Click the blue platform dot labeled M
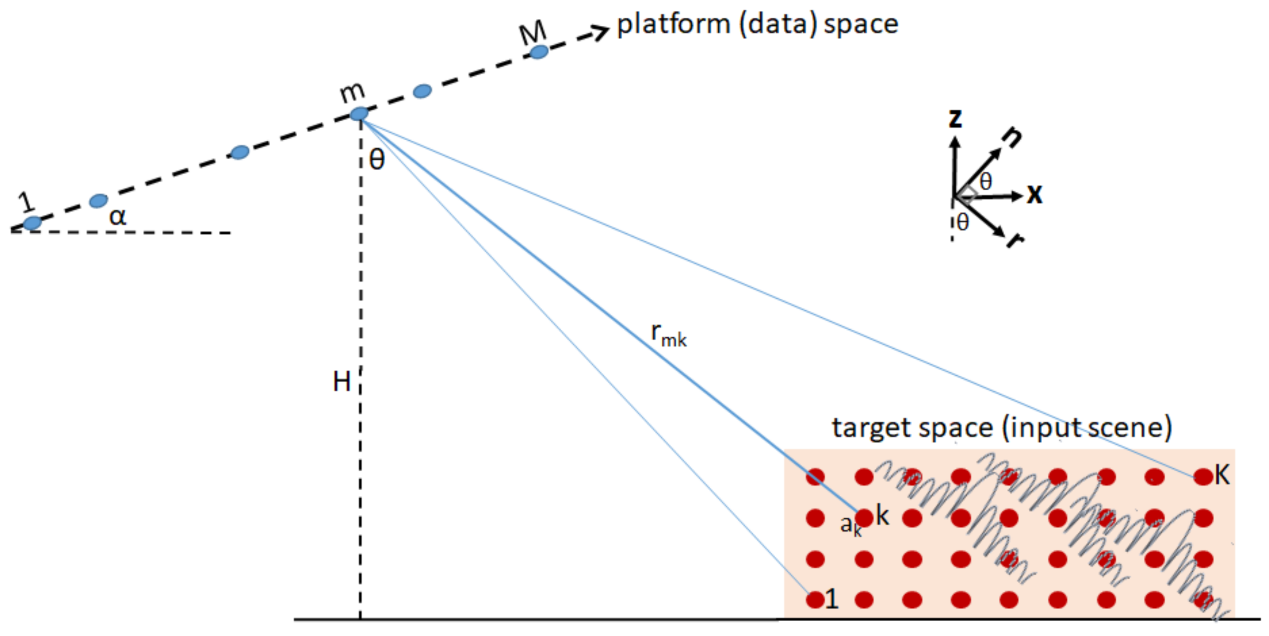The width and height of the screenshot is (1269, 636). click(538, 52)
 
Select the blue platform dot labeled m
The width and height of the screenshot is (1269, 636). click(359, 114)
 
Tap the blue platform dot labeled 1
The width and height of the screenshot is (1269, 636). click(32, 223)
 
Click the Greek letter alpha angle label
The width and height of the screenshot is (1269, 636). click(117, 216)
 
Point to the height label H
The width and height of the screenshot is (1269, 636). click(342, 382)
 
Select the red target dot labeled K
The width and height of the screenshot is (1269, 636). click(1204, 476)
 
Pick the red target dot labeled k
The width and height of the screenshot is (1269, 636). click(864, 517)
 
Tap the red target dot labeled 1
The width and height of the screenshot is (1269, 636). click(815, 600)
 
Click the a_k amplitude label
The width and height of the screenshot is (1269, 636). click(850, 525)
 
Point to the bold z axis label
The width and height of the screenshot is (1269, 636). click(955, 118)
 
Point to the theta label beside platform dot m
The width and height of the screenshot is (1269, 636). click(377, 160)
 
